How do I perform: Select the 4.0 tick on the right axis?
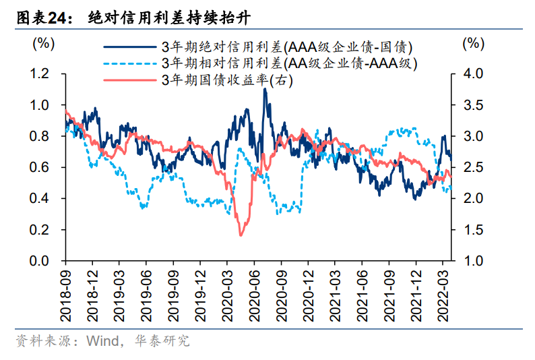point(474,73)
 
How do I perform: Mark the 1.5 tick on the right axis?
point(474,230)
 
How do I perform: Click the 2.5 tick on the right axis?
point(474,167)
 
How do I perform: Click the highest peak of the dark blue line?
point(265,89)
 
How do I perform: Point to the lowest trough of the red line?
point(241,235)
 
